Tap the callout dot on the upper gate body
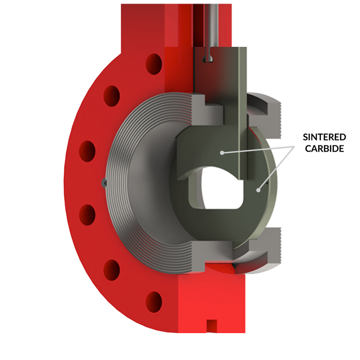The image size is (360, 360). click(x=222, y=153)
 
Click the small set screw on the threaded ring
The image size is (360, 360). click(x=104, y=182)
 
